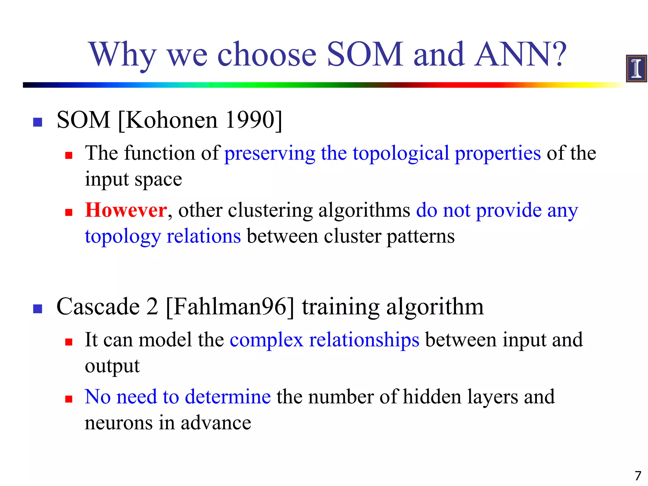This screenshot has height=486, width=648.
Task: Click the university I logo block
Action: [x=636, y=68]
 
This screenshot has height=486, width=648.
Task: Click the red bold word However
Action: [x=126, y=210]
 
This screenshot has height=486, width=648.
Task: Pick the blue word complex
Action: [x=266, y=340]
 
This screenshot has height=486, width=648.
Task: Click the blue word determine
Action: [x=227, y=397]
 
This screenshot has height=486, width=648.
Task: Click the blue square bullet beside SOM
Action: [x=38, y=122]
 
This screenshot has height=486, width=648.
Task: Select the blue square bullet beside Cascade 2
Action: [x=38, y=309]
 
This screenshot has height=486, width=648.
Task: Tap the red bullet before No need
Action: [x=69, y=399]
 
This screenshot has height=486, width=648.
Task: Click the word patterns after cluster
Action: [x=421, y=236]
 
